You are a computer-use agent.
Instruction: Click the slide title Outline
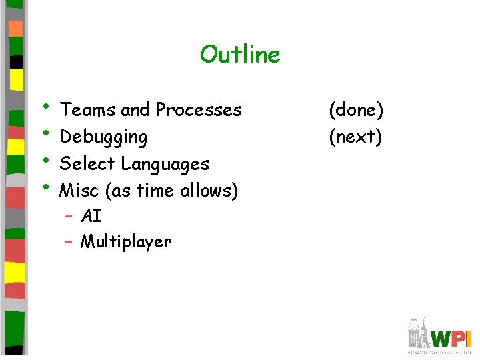(240, 54)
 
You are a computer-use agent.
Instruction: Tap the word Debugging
(103, 137)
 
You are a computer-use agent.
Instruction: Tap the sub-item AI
(91, 216)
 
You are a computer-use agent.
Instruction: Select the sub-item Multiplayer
(126, 242)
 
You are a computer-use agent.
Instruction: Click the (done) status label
(356, 110)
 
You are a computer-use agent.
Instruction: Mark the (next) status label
(356, 137)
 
